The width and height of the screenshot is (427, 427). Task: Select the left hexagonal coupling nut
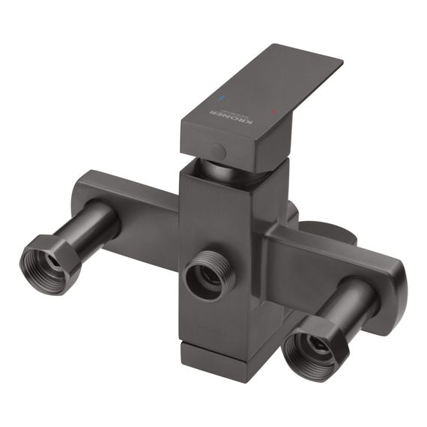click(49, 263)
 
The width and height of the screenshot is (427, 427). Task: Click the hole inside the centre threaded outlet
click(208, 276)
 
